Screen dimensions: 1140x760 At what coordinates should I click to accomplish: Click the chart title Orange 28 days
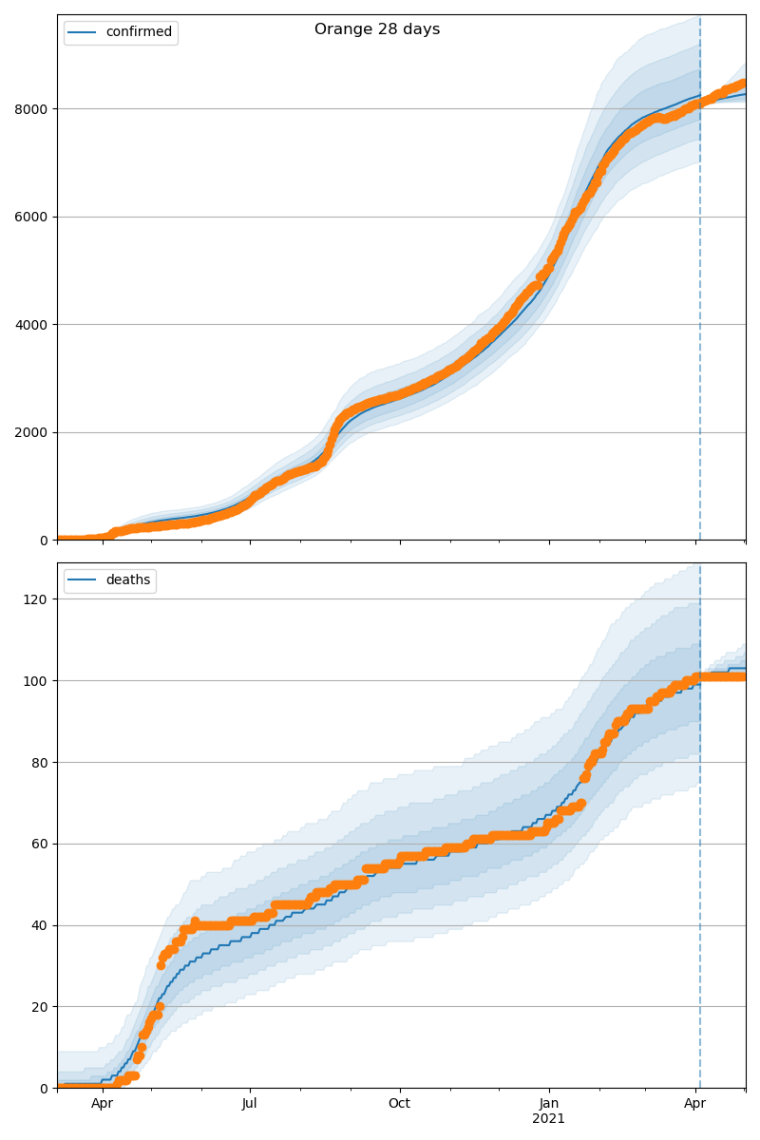pyautogui.click(x=377, y=29)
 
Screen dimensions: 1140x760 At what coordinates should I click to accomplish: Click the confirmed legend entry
pyautogui.click(x=139, y=32)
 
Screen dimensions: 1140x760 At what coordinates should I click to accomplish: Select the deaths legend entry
pyautogui.click(x=127, y=580)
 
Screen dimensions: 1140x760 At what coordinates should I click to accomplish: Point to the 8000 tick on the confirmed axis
pyautogui.click(x=34, y=109)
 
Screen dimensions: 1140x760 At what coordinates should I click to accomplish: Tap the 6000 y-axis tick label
pyautogui.click(x=34, y=217)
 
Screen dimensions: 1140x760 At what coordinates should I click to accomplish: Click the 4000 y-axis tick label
pyautogui.click(x=34, y=325)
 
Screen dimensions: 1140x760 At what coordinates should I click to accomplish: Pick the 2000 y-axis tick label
pyautogui.click(x=34, y=432)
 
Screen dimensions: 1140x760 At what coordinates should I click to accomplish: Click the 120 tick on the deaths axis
pyautogui.click(x=38, y=599)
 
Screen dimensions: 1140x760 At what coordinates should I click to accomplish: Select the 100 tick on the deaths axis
pyautogui.click(x=38, y=681)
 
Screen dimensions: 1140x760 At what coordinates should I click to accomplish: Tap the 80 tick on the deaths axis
pyautogui.click(x=41, y=763)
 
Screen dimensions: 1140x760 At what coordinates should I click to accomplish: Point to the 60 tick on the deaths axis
pyautogui.click(x=41, y=844)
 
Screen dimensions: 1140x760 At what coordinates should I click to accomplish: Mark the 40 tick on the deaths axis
pyautogui.click(x=41, y=925)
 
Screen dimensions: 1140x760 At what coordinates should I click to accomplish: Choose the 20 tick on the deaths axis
pyautogui.click(x=41, y=1007)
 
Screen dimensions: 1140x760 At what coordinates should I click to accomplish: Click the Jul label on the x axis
pyautogui.click(x=250, y=1104)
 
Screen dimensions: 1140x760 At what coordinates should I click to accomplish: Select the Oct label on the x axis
pyautogui.click(x=400, y=1104)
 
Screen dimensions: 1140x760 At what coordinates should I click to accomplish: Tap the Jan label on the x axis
pyautogui.click(x=549, y=1104)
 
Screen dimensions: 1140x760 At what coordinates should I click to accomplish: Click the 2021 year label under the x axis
pyautogui.click(x=549, y=1119)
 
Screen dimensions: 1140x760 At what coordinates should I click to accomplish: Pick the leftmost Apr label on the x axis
pyautogui.click(x=102, y=1104)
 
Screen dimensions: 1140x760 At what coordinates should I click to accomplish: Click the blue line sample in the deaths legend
pyautogui.click(x=83, y=580)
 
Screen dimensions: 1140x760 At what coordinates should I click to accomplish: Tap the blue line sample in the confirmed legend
pyautogui.click(x=83, y=32)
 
